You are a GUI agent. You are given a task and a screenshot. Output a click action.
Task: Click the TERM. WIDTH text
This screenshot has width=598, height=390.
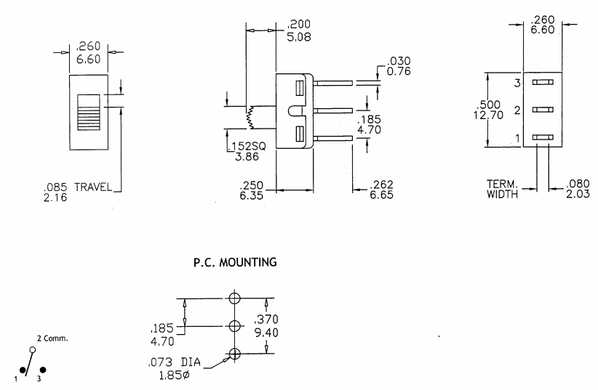pyautogui.click(x=503, y=189)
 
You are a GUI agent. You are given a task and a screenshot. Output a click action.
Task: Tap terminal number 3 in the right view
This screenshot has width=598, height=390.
pyautogui.click(x=517, y=84)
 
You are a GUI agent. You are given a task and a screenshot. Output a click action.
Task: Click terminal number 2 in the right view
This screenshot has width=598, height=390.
pyautogui.click(x=517, y=110)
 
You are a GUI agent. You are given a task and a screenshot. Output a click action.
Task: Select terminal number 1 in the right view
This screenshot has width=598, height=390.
pyautogui.click(x=517, y=138)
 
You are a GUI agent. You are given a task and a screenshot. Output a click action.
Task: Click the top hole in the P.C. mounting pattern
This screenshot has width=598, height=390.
pyautogui.click(x=234, y=298)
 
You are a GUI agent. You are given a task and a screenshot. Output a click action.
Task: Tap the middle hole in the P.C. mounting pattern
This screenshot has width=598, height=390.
pyautogui.click(x=234, y=327)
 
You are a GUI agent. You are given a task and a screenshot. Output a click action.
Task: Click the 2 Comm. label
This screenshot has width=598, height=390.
pyautogui.click(x=52, y=338)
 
